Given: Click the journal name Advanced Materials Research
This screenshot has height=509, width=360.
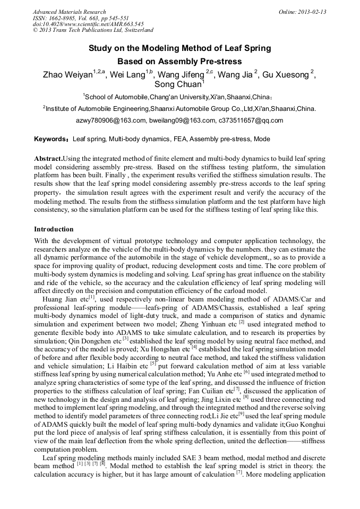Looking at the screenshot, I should point(70,12).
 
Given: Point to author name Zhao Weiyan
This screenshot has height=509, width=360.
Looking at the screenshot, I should point(67,75).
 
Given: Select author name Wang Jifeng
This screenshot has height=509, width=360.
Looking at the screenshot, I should point(183,75).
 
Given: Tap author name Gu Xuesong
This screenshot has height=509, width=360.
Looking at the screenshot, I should point(286,75).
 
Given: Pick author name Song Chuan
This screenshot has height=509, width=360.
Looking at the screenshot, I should point(178,85).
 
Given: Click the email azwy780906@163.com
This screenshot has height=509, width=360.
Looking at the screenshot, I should point(111,120).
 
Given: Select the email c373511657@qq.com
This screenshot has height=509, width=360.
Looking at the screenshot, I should point(251,120).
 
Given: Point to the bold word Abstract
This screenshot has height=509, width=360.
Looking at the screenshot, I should point(48,159).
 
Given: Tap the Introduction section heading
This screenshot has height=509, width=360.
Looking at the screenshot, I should point(54,229).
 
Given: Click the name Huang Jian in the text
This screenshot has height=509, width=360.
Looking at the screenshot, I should point(57,299).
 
